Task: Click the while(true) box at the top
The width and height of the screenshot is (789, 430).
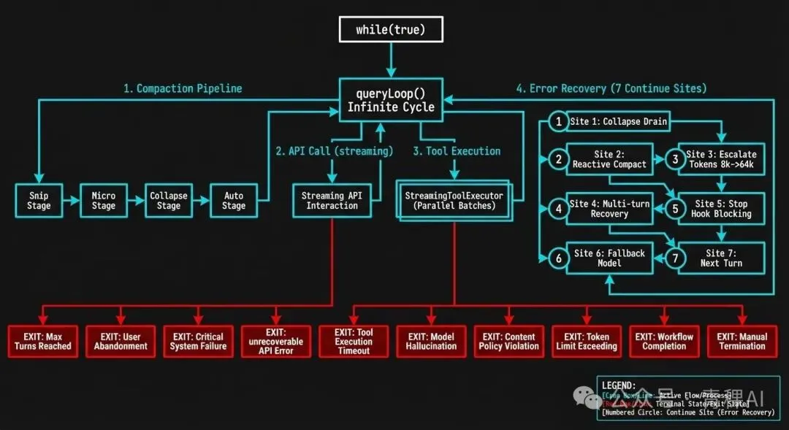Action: click(x=390, y=30)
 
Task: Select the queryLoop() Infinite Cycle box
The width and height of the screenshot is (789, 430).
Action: click(x=391, y=100)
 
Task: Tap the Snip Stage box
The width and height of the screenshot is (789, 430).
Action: click(x=39, y=201)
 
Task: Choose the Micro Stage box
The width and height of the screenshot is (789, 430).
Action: click(x=103, y=201)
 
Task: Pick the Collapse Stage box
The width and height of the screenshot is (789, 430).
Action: click(x=168, y=201)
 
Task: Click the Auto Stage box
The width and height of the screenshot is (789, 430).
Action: click(x=233, y=201)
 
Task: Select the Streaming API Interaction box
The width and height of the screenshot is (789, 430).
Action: click(x=332, y=201)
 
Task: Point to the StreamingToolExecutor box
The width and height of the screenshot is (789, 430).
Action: click(x=454, y=201)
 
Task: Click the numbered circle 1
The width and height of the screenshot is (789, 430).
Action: click(x=559, y=122)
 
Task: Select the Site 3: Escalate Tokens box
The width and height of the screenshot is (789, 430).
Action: click(x=721, y=159)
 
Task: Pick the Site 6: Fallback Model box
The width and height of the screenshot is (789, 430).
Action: click(x=609, y=258)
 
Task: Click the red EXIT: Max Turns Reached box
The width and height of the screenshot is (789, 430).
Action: click(x=43, y=341)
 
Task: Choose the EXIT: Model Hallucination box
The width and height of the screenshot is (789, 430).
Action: click(x=431, y=341)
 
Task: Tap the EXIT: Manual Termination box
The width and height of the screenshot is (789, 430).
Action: click(x=742, y=341)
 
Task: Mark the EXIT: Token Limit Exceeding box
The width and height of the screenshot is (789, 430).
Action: click(x=587, y=341)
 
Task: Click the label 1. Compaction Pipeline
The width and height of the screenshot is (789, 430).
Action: click(x=183, y=88)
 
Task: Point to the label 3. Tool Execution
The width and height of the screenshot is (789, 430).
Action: click(x=457, y=151)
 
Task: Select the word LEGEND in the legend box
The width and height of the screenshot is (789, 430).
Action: click(x=618, y=385)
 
